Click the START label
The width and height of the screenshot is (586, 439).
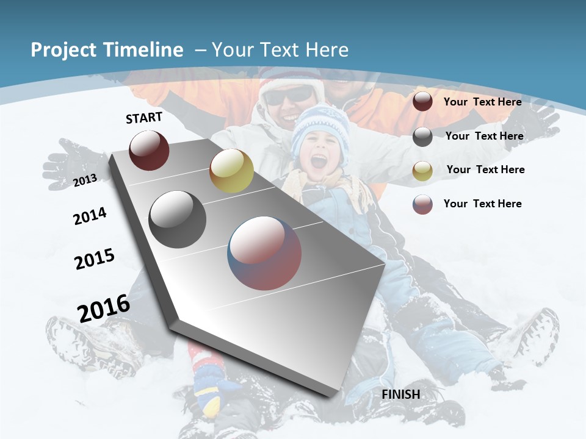(x=144, y=118)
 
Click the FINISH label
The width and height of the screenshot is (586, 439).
(x=401, y=394)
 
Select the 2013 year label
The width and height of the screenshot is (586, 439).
(x=85, y=180)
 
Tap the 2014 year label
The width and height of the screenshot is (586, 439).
(x=90, y=216)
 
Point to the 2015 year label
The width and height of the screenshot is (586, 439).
(x=95, y=259)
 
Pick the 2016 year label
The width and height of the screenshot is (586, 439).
(x=104, y=308)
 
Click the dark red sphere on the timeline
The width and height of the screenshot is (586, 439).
(x=149, y=150)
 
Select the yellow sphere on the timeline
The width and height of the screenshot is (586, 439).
(x=231, y=171)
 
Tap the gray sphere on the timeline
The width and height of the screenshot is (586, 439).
(x=178, y=219)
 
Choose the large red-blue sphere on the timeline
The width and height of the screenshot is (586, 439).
(x=264, y=253)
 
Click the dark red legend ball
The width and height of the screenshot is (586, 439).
(x=422, y=102)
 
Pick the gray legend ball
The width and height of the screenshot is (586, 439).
(x=422, y=137)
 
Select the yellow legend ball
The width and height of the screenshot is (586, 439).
(x=422, y=171)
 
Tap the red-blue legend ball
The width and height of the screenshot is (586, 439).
(x=422, y=204)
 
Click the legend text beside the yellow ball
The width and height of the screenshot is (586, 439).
(x=485, y=170)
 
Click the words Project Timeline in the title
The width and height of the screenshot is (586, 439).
(x=107, y=50)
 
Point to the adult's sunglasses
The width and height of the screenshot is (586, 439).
(x=288, y=95)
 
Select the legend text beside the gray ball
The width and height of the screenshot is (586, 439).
(x=484, y=136)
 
